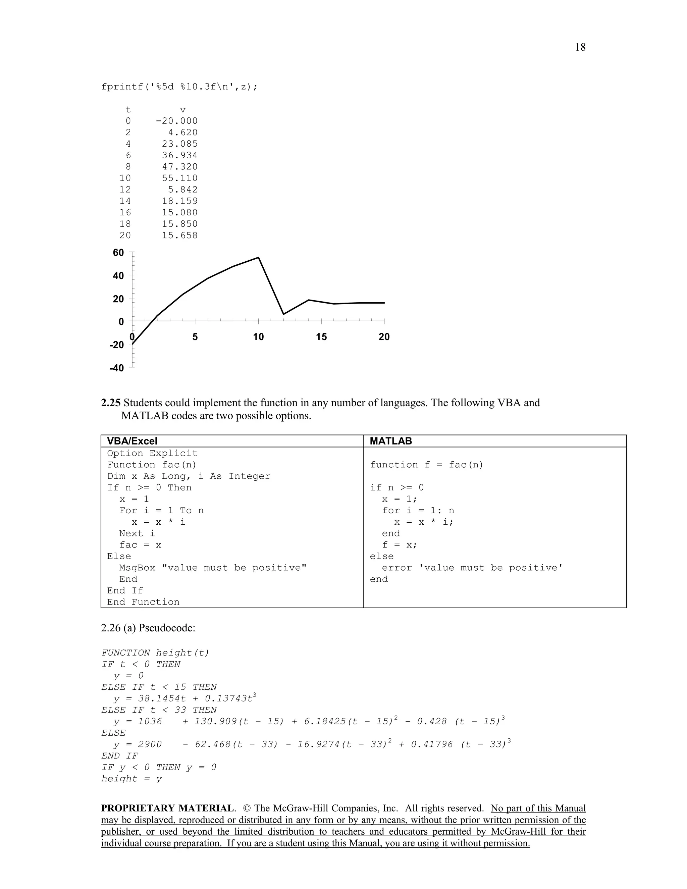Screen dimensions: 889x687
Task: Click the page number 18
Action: [580, 47]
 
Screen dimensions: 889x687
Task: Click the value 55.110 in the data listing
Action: [179, 178]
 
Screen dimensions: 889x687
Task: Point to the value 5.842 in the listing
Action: [183, 189]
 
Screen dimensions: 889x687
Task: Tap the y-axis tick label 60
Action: [118, 253]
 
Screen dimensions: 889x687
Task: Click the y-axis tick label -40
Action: [116, 368]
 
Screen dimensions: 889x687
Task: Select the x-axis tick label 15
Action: [321, 336]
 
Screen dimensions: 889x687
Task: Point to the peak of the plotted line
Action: [258, 258]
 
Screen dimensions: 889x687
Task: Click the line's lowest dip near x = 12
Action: [284, 314]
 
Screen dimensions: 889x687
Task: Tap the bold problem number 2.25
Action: [111, 403]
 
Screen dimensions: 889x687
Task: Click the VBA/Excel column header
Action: [132, 441]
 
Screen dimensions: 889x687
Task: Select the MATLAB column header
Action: [391, 441]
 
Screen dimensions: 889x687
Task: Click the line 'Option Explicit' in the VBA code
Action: [152, 453]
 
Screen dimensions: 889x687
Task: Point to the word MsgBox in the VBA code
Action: [137, 567]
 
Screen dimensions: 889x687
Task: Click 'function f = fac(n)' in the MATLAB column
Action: [426, 464]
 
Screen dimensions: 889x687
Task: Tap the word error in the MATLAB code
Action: [397, 567]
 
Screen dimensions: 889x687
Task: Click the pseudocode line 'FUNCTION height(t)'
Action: [155, 652]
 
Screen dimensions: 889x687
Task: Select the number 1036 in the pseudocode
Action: [150, 721]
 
